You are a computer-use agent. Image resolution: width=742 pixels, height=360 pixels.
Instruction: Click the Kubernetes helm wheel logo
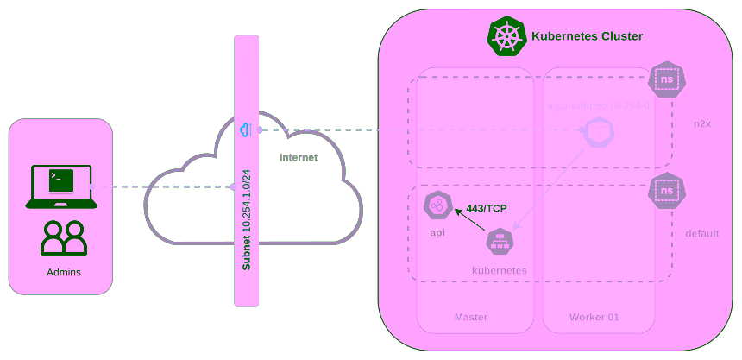(507, 36)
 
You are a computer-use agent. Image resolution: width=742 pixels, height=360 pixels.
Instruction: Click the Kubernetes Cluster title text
(587, 36)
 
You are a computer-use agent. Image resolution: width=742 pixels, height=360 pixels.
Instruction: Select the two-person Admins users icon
(64, 238)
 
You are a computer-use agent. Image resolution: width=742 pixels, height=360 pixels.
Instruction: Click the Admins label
(64, 273)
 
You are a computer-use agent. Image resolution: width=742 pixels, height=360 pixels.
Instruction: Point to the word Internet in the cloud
(299, 157)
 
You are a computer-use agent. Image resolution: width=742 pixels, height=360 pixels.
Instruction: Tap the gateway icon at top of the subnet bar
(246, 130)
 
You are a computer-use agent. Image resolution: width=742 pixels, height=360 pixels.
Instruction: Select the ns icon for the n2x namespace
(666, 80)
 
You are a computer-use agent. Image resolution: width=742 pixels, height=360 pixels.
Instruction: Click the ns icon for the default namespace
(666, 191)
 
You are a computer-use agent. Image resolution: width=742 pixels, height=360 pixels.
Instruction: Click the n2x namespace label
(701, 123)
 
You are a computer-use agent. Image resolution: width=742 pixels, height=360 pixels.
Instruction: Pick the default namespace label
(701, 233)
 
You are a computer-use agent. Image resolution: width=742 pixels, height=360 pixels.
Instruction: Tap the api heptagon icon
(437, 205)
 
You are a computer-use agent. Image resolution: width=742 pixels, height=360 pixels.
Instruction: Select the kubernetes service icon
(500, 242)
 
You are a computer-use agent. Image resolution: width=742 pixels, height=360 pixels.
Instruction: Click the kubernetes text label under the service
(499, 270)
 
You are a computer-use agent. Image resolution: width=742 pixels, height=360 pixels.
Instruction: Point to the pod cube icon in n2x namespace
(596, 133)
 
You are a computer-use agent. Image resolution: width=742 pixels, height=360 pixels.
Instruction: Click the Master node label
(471, 317)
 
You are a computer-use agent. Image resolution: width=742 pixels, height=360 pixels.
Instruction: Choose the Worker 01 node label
(594, 317)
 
